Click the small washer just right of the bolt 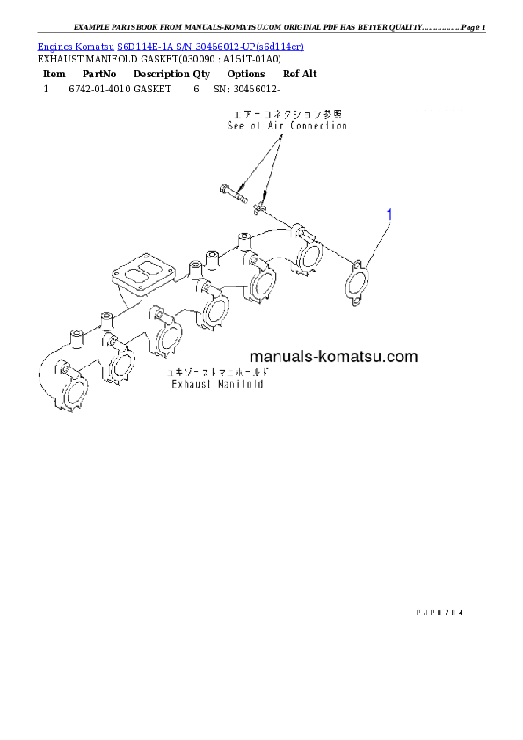259,208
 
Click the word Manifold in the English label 243,384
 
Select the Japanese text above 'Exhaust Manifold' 218,374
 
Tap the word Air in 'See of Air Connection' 280,126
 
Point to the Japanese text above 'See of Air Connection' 287,115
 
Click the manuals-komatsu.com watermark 333,357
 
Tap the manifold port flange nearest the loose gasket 309,258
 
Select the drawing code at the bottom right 436,610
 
